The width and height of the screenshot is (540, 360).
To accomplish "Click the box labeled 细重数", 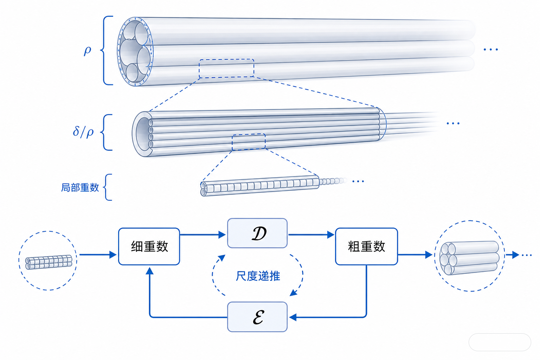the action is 149,246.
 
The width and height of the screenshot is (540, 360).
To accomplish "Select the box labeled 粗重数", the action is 366,246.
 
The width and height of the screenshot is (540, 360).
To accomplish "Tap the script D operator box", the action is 257,233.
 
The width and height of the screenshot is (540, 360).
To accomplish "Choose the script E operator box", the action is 257,317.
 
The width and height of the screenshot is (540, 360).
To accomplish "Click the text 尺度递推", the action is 258,276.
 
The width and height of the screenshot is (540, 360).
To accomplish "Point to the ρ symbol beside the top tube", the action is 87,51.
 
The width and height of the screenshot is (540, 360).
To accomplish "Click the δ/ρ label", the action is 83,132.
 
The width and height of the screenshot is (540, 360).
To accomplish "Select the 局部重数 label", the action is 80,187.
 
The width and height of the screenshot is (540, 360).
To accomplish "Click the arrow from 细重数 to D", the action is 203,234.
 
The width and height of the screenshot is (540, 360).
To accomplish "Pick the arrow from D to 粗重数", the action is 311,234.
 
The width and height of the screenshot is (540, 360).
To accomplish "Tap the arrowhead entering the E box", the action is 292,317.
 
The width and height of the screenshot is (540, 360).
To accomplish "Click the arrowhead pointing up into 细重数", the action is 150,271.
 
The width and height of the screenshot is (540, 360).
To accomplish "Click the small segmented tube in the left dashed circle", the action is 49,262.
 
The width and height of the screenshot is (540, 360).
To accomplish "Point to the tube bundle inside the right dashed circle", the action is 469,258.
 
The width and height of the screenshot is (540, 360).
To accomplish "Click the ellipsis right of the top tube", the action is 491,50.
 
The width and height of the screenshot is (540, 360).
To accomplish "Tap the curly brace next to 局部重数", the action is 108,187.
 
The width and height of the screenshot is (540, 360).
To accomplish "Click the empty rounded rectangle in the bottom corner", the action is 500,342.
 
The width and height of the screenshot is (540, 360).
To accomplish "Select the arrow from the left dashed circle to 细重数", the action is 98,255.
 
